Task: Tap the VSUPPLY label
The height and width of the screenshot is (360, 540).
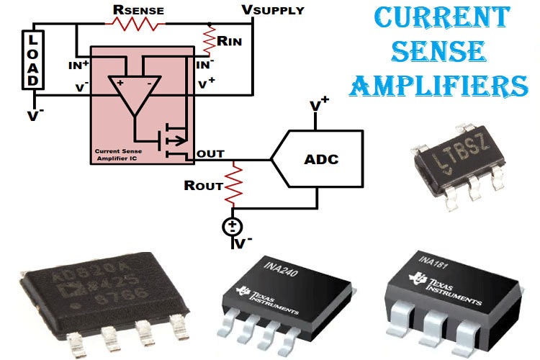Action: [274, 10]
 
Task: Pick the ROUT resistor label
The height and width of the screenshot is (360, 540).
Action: [204, 185]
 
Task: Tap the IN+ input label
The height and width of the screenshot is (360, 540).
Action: [77, 65]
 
